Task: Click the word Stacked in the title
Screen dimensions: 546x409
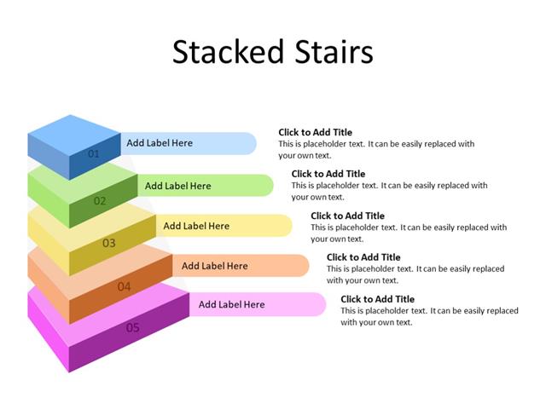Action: [224, 52]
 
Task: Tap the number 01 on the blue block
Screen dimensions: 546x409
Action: [94, 154]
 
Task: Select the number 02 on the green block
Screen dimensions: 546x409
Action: [100, 201]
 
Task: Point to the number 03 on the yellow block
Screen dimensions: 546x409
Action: [109, 243]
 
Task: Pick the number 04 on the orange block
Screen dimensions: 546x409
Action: [125, 286]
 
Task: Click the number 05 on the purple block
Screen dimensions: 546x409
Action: [133, 327]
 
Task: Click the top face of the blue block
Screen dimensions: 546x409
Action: [74, 130]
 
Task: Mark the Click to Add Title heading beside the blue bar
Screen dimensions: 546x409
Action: [315, 132]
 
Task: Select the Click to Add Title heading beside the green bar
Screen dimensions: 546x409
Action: [328, 174]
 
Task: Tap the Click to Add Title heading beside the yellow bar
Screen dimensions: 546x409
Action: [347, 216]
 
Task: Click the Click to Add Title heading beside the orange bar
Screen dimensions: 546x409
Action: [363, 257]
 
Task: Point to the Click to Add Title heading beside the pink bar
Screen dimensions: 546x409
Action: [377, 299]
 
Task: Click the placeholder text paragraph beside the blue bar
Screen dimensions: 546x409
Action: [376, 150]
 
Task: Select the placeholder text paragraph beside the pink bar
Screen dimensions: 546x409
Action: [429, 317]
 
